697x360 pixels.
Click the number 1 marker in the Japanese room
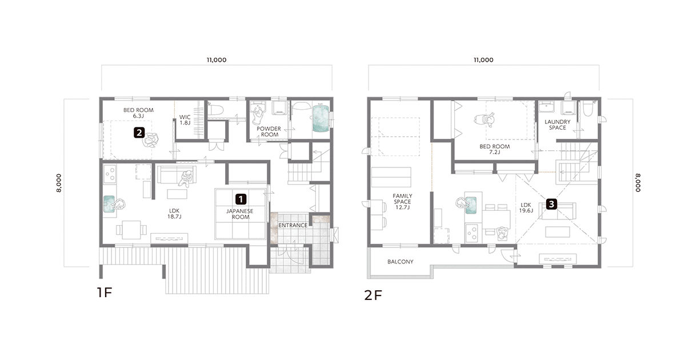pos(241,199)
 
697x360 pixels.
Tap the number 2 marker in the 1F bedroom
pos(139,133)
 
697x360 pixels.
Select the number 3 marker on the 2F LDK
pos(552,205)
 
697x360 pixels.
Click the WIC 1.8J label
pos(185,120)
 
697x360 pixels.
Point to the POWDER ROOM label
pos(269,131)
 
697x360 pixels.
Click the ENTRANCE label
pos(293,225)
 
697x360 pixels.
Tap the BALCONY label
pos(400,262)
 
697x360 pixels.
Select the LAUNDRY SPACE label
pos(557,125)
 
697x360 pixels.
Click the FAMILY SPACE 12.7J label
pos(402,202)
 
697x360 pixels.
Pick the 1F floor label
pos(105,293)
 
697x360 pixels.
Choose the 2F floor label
pos(372,295)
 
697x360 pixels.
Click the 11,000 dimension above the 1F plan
pos(217,60)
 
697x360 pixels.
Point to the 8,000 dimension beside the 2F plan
pos(638,183)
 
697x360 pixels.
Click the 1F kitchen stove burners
pos(110,174)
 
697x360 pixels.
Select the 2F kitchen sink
pos(471,205)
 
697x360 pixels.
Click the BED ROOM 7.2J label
pos(494,149)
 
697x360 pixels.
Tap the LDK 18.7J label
pos(174,214)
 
